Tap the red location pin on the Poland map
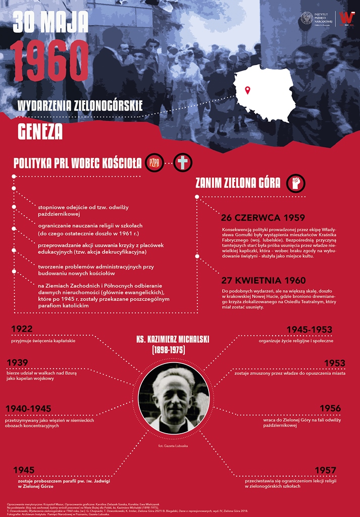[247, 90]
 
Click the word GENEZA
[40, 131]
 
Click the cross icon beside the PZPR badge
[183, 163]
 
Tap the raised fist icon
[295, 183]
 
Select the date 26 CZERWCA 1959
[263, 218]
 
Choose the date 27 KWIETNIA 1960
[263, 280]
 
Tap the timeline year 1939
[18, 362]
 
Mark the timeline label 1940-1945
[28, 408]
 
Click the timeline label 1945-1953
[309, 330]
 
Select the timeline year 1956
[330, 408]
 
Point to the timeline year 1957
[325, 471]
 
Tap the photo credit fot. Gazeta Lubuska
[173, 446]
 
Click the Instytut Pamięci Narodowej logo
[316, 19]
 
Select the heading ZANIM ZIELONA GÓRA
[238, 183]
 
